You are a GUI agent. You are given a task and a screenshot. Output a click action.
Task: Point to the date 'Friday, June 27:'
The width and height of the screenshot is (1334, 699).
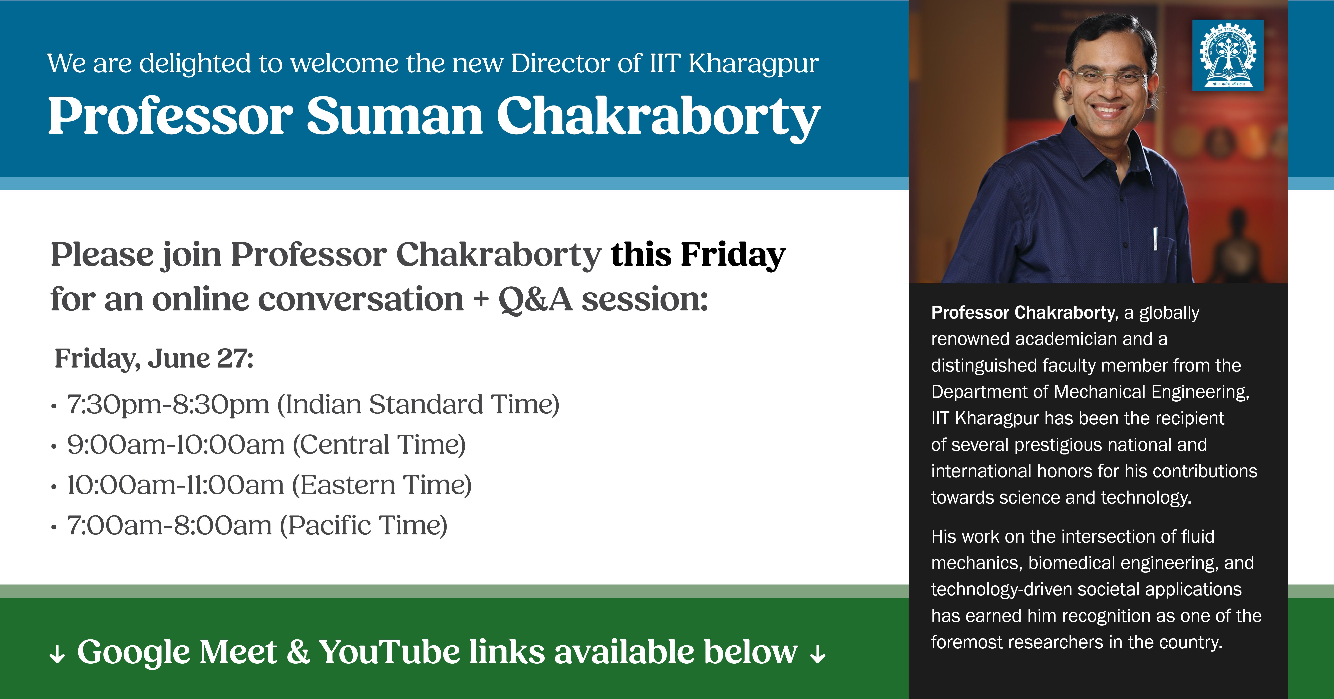154,358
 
